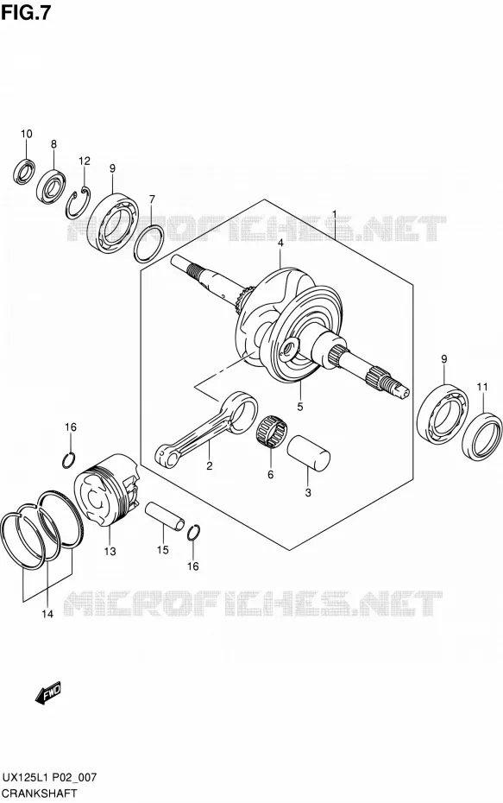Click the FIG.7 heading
(26, 12)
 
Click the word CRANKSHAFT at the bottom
(39, 794)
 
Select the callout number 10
(27, 134)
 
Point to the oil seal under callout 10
(24, 171)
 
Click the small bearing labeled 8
(52, 186)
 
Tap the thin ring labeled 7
(149, 243)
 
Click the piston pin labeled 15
(164, 516)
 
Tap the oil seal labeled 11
(482, 435)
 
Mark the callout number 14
(47, 614)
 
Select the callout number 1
(334, 213)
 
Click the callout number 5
(300, 407)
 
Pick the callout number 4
(280, 243)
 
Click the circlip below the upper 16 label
(69, 460)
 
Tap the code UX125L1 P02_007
(49, 777)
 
